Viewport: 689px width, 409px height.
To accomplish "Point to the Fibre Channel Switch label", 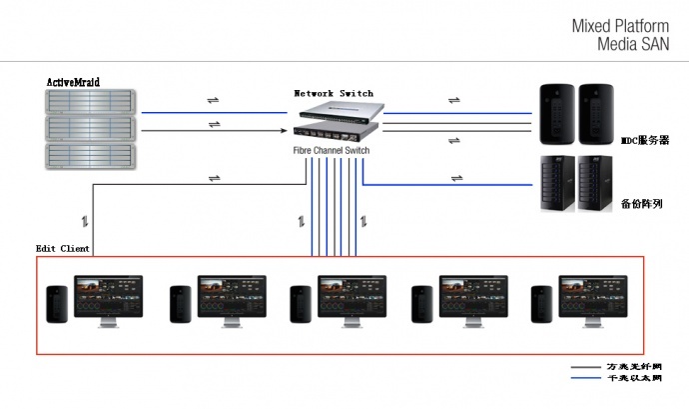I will [331, 150].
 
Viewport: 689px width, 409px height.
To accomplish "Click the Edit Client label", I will [63, 248].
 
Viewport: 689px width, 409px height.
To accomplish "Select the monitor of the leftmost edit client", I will [109, 296].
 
